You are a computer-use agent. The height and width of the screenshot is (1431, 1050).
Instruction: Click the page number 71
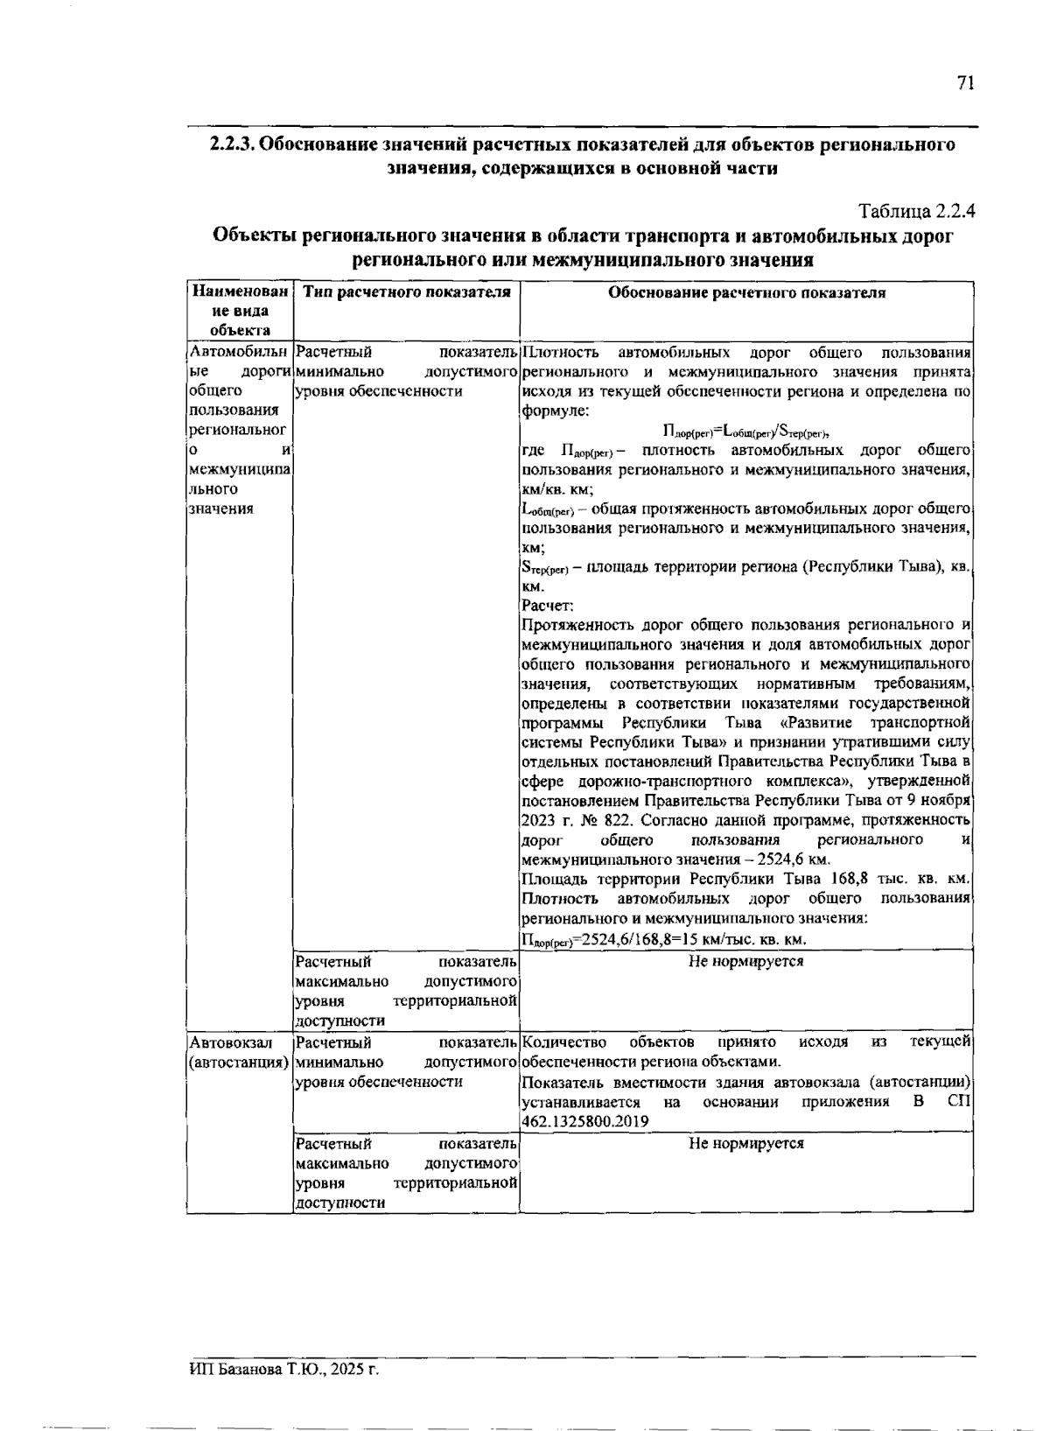(965, 83)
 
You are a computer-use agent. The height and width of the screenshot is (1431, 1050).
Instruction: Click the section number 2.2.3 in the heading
(232, 144)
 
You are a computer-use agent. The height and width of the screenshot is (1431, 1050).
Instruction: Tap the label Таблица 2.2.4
(917, 212)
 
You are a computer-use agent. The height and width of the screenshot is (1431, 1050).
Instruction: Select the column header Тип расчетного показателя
(406, 293)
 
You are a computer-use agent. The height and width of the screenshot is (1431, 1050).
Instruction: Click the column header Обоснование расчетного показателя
(746, 293)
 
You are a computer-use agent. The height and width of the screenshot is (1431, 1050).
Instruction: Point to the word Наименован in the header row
(240, 292)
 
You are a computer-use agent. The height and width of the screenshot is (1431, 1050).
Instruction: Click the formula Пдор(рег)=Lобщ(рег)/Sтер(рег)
(745, 431)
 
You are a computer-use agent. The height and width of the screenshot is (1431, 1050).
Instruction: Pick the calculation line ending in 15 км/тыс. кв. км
(662, 940)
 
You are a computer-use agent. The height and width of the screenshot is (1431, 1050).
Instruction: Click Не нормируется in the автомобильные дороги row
(745, 961)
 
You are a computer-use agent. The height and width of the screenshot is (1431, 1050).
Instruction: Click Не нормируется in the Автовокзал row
(745, 1143)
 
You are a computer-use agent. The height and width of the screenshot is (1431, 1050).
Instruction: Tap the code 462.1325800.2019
(584, 1121)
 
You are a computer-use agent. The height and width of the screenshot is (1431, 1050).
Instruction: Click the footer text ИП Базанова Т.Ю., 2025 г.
(283, 1370)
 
